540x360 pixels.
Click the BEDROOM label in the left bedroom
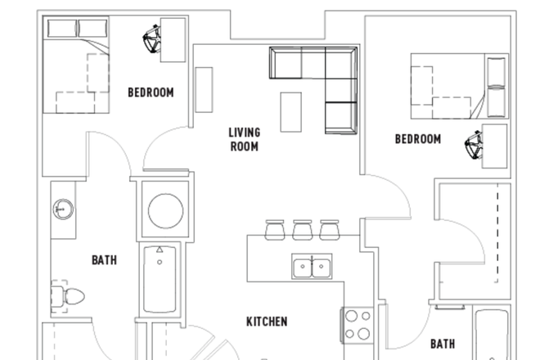pos(151,92)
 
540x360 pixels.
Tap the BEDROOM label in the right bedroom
pos(417,139)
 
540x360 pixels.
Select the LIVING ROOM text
pos(244,140)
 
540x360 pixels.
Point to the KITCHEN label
pos(267,322)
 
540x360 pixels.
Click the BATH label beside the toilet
pos(104,260)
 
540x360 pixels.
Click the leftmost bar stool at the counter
pos(275,230)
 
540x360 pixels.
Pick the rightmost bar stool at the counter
pos(330,230)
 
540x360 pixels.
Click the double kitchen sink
pos(312,267)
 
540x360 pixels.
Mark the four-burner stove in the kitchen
pos(357,324)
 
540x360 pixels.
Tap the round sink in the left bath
pos(62,210)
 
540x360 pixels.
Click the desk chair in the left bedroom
pos(151,40)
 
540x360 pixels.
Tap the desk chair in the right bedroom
pos(472,147)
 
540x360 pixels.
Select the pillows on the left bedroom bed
pos(76,29)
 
